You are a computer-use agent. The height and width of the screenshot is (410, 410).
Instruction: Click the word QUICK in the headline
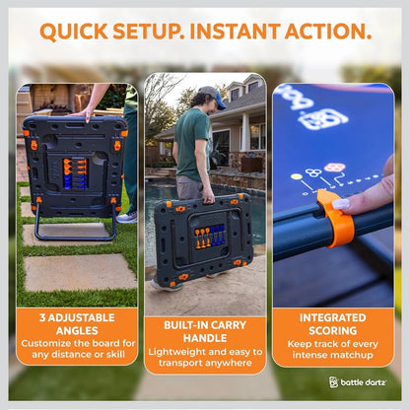pyautogui.click(x=74, y=32)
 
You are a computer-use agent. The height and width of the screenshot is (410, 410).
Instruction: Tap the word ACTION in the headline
pyautogui.click(x=328, y=32)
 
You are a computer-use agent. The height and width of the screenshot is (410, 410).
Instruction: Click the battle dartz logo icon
pyautogui.click(x=333, y=382)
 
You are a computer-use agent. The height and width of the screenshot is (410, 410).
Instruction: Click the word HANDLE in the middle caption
pyautogui.click(x=205, y=338)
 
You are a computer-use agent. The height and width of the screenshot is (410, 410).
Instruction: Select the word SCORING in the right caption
pyautogui.click(x=333, y=330)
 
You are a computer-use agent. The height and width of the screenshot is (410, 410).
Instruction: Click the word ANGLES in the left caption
pyautogui.click(x=77, y=330)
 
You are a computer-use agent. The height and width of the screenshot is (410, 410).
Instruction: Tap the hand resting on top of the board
pyautogui.click(x=83, y=113)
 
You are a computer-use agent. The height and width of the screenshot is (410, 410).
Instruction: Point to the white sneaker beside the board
pyautogui.click(x=127, y=217)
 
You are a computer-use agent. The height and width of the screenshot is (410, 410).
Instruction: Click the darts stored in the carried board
pyautogui.click(x=210, y=236)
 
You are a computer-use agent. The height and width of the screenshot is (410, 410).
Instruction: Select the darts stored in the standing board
pyautogui.click(x=75, y=173)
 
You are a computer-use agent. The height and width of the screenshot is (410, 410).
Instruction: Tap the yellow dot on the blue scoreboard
pyautogui.click(x=297, y=176)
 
